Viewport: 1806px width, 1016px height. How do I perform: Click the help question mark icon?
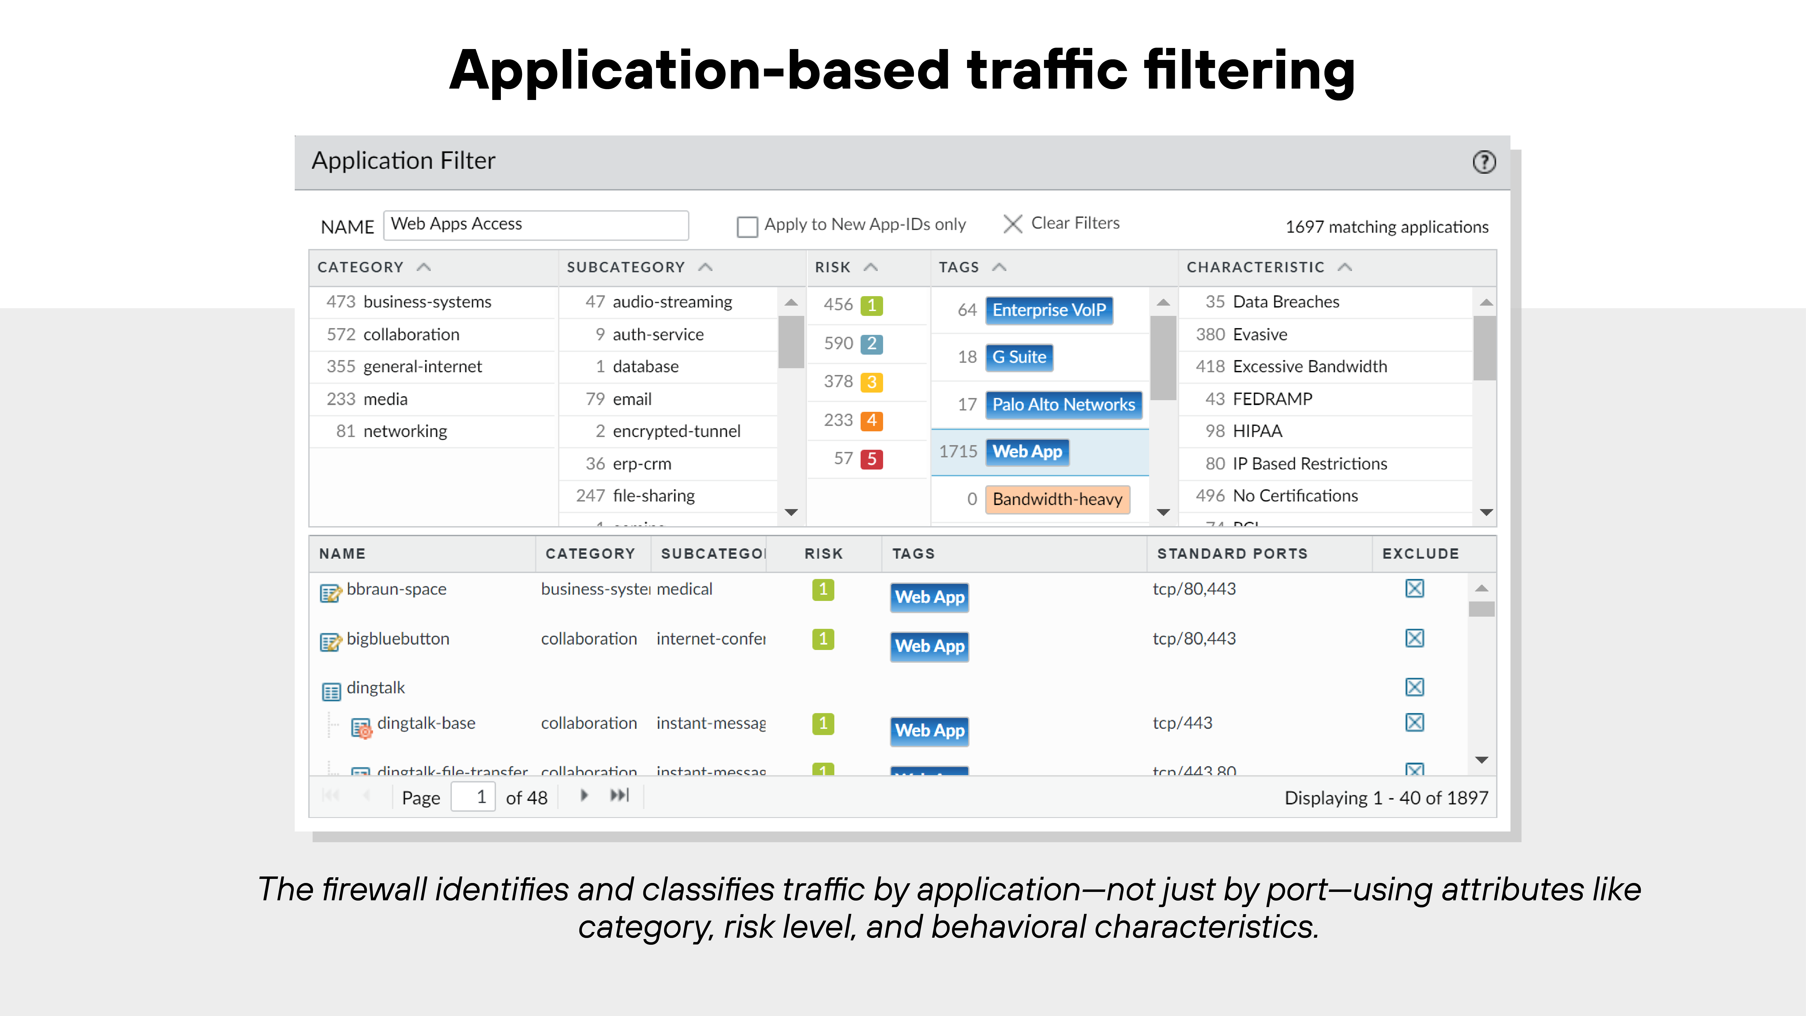tap(1483, 162)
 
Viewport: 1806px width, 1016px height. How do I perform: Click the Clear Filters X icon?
tap(1012, 224)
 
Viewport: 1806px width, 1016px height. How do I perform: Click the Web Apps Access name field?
tap(536, 224)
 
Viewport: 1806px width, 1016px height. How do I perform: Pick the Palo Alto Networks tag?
tap(1063, 405)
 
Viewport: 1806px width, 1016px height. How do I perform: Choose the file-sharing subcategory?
tap(653, 496)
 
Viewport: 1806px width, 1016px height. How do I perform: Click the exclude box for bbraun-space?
tap(1414, 588)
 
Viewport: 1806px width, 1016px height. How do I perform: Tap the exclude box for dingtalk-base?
tap(1414, 722)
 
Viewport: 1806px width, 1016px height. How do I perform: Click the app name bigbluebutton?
tap(397, 639)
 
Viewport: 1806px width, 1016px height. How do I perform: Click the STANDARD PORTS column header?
tap(1232, 553)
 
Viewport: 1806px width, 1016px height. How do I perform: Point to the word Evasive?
tap(1260, 334)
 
